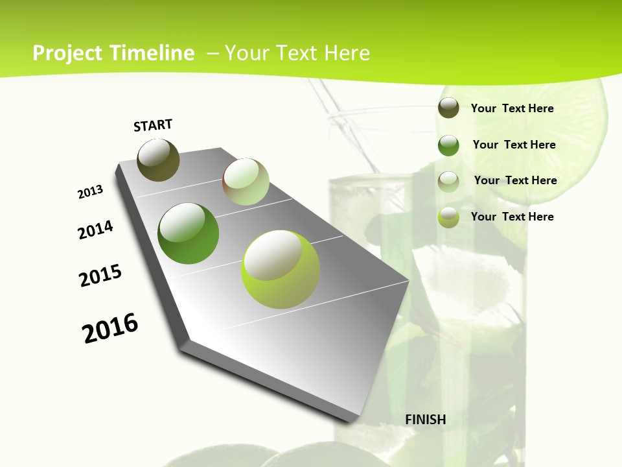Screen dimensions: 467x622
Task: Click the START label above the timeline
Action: point(153,125)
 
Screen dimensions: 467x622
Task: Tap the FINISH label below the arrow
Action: point(426,420)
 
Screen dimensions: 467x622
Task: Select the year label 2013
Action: point(90,192)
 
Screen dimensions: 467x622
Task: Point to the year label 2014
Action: point(96,230)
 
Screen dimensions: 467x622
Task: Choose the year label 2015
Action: point(100,276)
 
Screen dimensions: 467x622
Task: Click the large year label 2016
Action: point(110,328)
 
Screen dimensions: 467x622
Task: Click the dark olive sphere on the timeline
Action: point(158,160)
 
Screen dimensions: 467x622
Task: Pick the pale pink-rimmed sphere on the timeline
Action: point(246,182)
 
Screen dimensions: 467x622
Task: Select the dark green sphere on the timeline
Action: point(188,233)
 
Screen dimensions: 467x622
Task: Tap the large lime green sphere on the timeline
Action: point(281,269)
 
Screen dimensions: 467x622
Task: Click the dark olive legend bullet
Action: point(448,108)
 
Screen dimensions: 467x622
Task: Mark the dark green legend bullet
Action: point(448,145)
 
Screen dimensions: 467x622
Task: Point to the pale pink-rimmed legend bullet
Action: point(448,181)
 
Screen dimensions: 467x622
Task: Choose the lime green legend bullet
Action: point(448,217)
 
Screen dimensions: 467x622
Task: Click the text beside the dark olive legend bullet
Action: point(512,108)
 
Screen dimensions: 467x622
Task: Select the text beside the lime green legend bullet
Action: point(512,217)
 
